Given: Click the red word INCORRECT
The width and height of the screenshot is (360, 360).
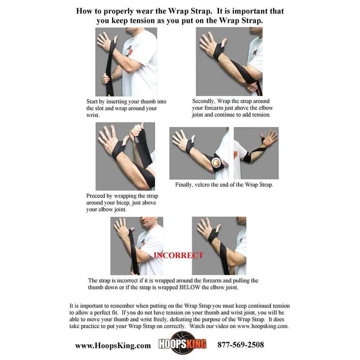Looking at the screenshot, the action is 178,255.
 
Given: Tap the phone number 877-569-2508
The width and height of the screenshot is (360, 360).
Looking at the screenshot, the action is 241,345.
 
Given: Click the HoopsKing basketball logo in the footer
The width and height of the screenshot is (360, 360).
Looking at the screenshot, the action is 183,344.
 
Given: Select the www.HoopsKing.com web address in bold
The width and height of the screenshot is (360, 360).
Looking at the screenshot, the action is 113,346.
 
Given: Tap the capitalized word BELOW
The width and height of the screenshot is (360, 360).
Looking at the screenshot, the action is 189,288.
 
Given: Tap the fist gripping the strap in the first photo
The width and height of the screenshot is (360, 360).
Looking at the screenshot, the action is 106,78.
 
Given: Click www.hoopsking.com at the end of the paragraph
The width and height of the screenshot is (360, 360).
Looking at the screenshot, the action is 263,326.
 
